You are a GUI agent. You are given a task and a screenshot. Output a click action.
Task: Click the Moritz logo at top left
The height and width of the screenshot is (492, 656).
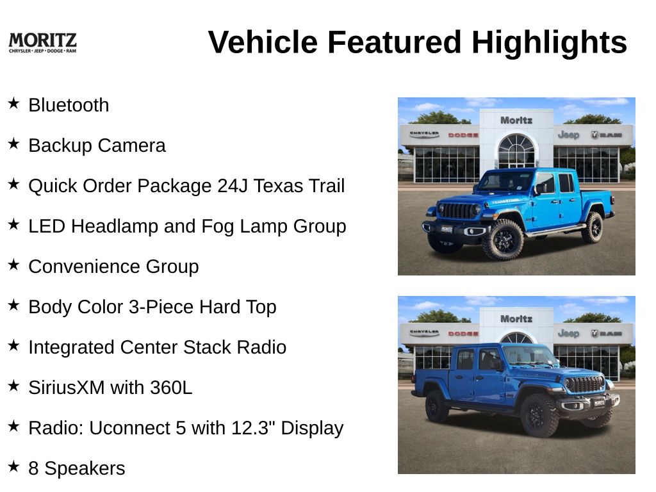tap(42, 43)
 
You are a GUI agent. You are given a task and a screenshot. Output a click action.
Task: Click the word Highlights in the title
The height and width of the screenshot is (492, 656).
tap(549, 43)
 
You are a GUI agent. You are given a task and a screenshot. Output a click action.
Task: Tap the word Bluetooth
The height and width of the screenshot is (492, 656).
tap(69, 105)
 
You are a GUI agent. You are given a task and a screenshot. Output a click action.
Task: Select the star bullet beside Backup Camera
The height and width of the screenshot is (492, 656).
tap(14, 143)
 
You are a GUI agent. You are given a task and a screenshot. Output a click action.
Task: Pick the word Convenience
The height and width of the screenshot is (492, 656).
tap(84, 266)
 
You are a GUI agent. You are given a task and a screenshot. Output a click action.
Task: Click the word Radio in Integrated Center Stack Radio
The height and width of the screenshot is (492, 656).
tap(261, 347)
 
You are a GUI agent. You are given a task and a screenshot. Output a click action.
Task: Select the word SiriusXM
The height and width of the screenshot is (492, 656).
tap(67, 388)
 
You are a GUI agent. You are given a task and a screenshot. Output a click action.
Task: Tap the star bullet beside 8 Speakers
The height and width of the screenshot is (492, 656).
tap(14, 466)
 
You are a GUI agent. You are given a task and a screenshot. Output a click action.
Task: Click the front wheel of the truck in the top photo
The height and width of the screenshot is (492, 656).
tap(504, 240)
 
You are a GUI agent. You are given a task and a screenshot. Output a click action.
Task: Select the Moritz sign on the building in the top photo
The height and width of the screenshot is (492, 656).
tap(516, 120)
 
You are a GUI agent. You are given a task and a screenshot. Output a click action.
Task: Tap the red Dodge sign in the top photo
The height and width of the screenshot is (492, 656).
tap(463, 135)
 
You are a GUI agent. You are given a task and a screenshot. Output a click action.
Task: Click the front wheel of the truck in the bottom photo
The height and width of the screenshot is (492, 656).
tap(539, 415)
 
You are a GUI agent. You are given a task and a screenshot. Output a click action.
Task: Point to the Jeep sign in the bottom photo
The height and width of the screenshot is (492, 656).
tap(568, 333)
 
